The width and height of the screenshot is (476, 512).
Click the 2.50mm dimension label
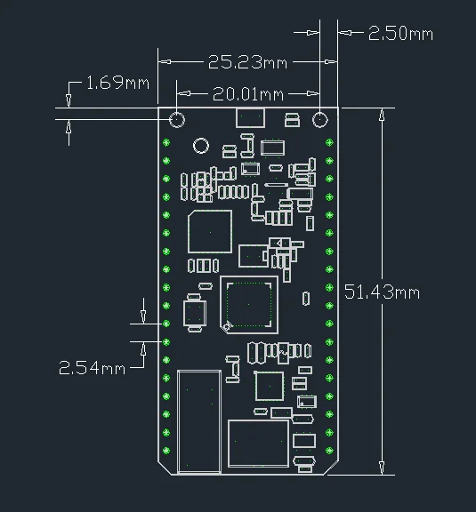coord(400,33)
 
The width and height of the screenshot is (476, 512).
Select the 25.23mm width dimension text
coord(247,62)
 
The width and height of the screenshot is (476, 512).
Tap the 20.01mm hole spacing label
coord(248,94)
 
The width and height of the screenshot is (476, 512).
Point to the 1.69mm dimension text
coord(117,83)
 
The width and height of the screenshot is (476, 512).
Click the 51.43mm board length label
coord(382,292)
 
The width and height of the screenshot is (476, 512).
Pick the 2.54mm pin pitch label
coord(92,368)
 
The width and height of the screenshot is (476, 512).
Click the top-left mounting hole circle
coord(177,120)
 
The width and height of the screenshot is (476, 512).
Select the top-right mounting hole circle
coord(319,120)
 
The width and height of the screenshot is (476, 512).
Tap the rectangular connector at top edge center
coord(250,117)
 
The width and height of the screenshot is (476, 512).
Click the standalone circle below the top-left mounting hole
coord(201,146)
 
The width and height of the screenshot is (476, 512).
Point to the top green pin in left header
coord(166,142)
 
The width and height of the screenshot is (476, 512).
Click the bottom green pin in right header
coord(329,451)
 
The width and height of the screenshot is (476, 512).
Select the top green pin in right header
coord(329,142)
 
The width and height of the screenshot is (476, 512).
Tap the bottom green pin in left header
coord(166,451)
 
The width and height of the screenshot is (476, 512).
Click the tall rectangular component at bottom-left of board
coord(199,421)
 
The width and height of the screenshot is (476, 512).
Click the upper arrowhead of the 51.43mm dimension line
coord(382,115)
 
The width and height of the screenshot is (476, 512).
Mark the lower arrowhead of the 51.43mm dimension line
coord(382,468)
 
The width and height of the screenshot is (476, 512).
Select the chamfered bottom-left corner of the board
coord(165,468)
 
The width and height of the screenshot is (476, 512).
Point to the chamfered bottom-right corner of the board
coord(331,468)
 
